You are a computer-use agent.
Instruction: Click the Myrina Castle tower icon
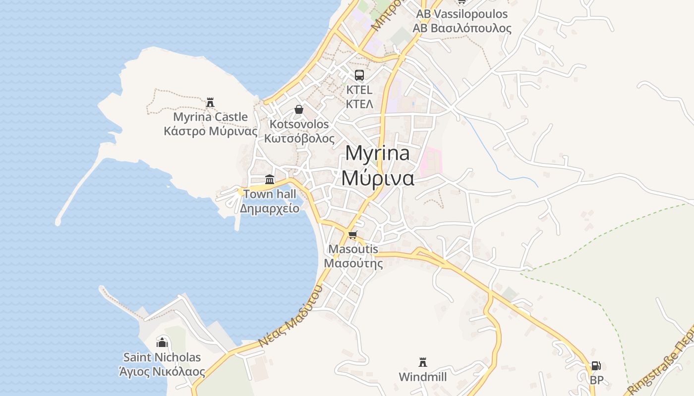[210, 102]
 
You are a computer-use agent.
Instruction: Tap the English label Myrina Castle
[210, 117]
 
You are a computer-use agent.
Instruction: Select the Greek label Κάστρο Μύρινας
[211, 131]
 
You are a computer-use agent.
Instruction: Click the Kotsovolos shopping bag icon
[299, 109]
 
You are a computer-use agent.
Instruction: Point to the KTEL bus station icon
[359, 75]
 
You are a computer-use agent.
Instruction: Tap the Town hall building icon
[270, 179]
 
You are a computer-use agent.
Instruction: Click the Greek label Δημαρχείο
[270, 208]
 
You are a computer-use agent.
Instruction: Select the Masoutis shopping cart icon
[353, 235]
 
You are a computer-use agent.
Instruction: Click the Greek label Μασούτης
[353, 263]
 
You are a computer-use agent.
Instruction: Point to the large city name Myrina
[378, 153]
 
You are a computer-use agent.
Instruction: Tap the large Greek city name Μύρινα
[378, 178]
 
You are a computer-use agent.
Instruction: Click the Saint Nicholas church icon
[162, 342]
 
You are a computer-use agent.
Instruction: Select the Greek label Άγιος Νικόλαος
[162, 371]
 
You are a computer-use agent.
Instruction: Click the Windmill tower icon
[423, 362]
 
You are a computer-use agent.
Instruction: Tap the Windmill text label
[423, 377]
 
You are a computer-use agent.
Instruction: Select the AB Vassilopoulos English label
[462, 14]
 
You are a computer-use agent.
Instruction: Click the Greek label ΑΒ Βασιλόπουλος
[462, 28]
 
